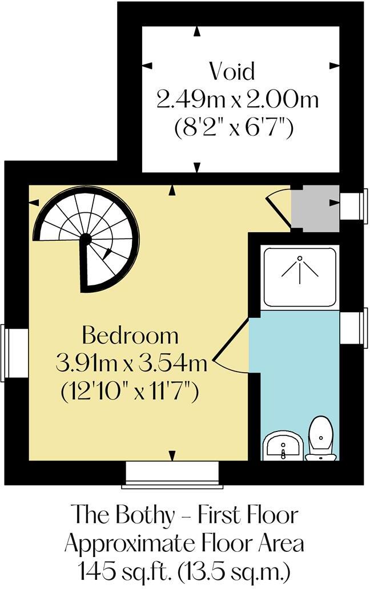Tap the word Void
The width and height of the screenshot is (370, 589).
click(x=231, y=72)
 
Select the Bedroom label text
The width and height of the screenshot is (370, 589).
click(x=130, y=335)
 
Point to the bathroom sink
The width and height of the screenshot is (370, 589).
click(x=283, y=445)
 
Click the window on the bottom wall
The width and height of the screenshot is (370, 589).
click(x=172, y=475)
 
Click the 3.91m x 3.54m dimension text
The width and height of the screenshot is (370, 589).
click(x=131, y=362)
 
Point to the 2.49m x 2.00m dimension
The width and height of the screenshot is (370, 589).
click(x=236, y=100)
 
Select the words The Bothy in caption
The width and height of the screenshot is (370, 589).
click(x=123, y=515)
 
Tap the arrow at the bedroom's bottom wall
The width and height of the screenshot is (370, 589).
click(x=172, y=454)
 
